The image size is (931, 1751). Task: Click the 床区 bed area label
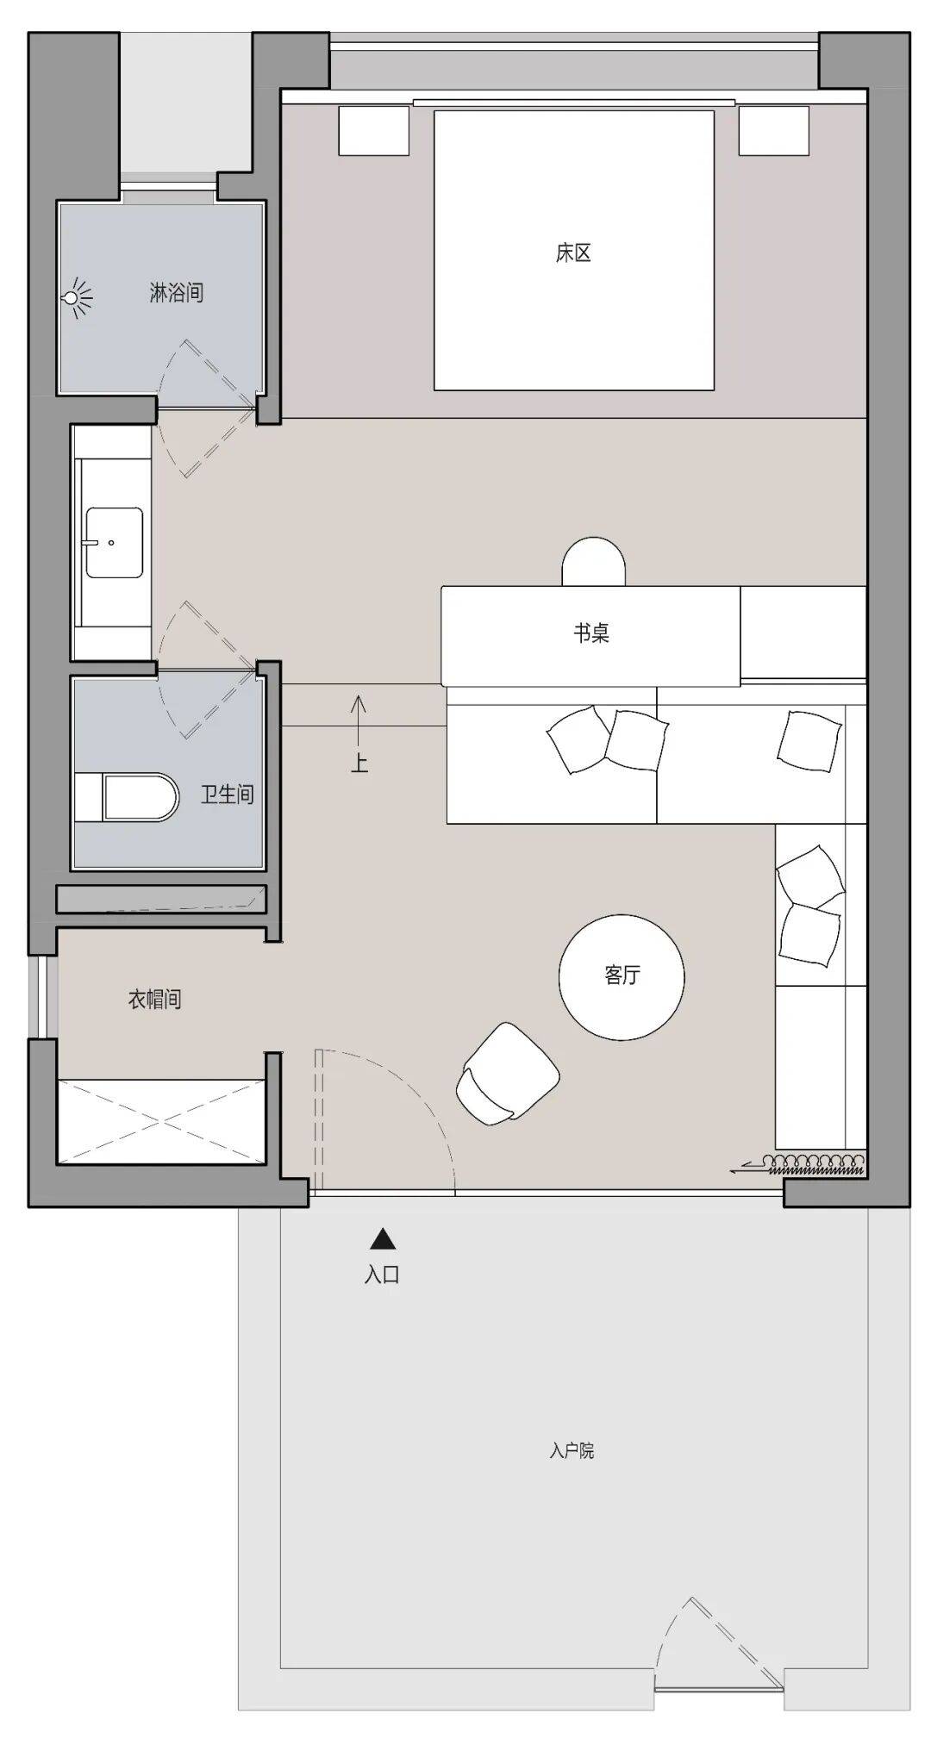pyautogui.click(x=573, y=253)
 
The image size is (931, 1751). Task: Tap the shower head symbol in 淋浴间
pyautogui.click(x=76, y=298)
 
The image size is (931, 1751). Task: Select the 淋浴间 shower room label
pyautogui.click(x=177, y=292)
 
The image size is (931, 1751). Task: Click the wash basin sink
pyautogui.click(x=114, y=542)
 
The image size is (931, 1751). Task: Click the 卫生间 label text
pyautogui.click(x=228, y=794)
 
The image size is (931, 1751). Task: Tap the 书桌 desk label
pyautogui.click(x=591, y=633)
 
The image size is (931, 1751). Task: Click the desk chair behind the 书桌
pyautogui.click(x=593, y=562)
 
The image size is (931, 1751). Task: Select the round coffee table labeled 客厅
pyautogui.click(x=622, y=977)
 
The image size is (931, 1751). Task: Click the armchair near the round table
pyautogui.click(x=507, y=1073)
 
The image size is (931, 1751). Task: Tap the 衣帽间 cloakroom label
pyautogui.click(x=154, y=1000)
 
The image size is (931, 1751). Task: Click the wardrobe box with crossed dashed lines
pyautogui.click(x=161, y=1121)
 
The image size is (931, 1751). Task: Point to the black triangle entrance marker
pyautogui.click(x=383, y=1239)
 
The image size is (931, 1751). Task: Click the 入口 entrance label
pyautogui.click(x=382, y=1274)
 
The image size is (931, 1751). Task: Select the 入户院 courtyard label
pyautogui.click(x=572, y=1450)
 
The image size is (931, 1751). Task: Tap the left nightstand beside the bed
pyautogui.click(x=373, y=130)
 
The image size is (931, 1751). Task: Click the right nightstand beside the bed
pyautogui.click(x=774, y=130)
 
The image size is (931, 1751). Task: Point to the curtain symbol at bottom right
pyautogui.click(x=797, y=1165)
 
